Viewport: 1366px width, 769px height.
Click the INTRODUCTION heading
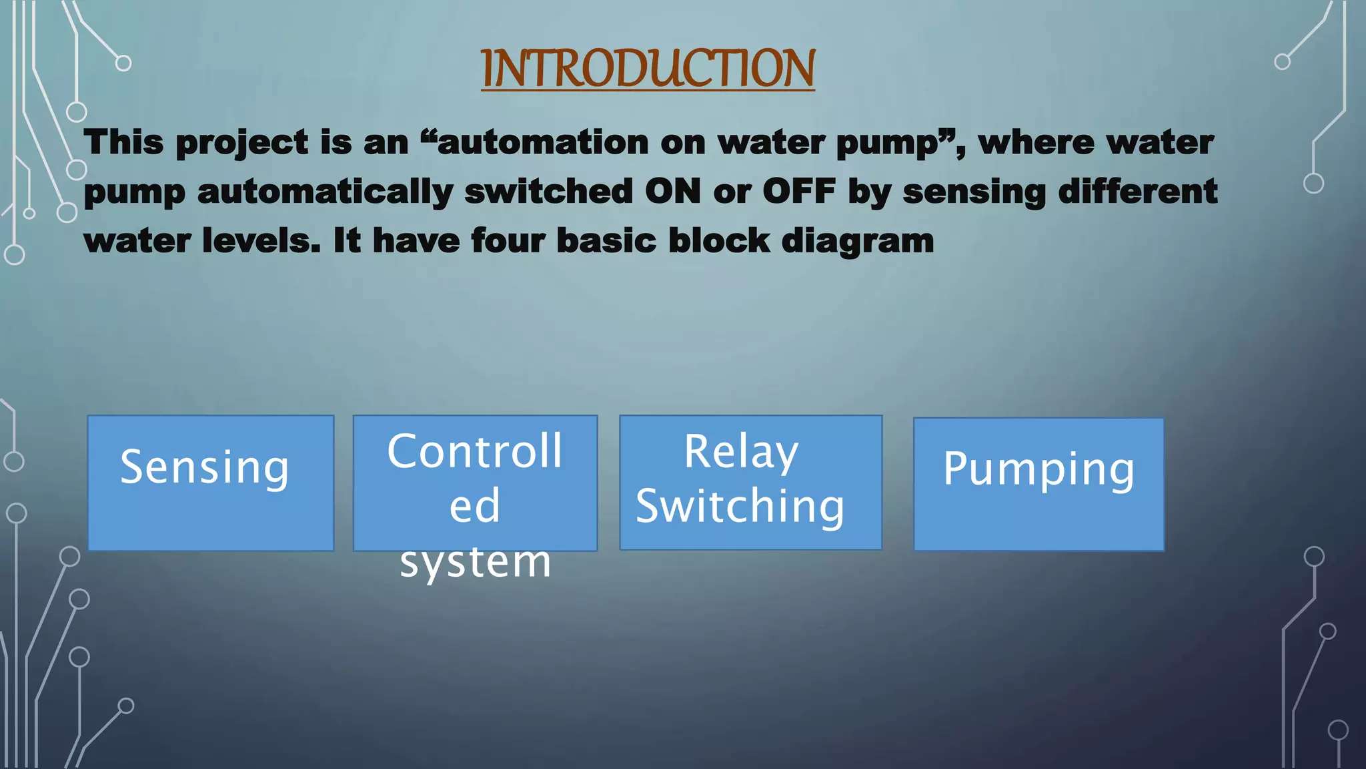coord(647,68)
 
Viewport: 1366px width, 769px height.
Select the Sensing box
coord(210,483)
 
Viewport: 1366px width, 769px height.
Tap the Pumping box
coord(1039,484)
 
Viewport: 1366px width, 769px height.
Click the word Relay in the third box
coord(741,452)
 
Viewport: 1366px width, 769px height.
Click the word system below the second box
coord(476,561)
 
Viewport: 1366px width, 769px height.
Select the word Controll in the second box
coord(475,451)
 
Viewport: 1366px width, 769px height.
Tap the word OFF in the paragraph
coord(799,191)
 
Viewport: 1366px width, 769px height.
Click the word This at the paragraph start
coord(123,142)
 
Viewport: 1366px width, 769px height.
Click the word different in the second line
coord(1138,191)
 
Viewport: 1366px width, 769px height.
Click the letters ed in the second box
coord(474,505)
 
